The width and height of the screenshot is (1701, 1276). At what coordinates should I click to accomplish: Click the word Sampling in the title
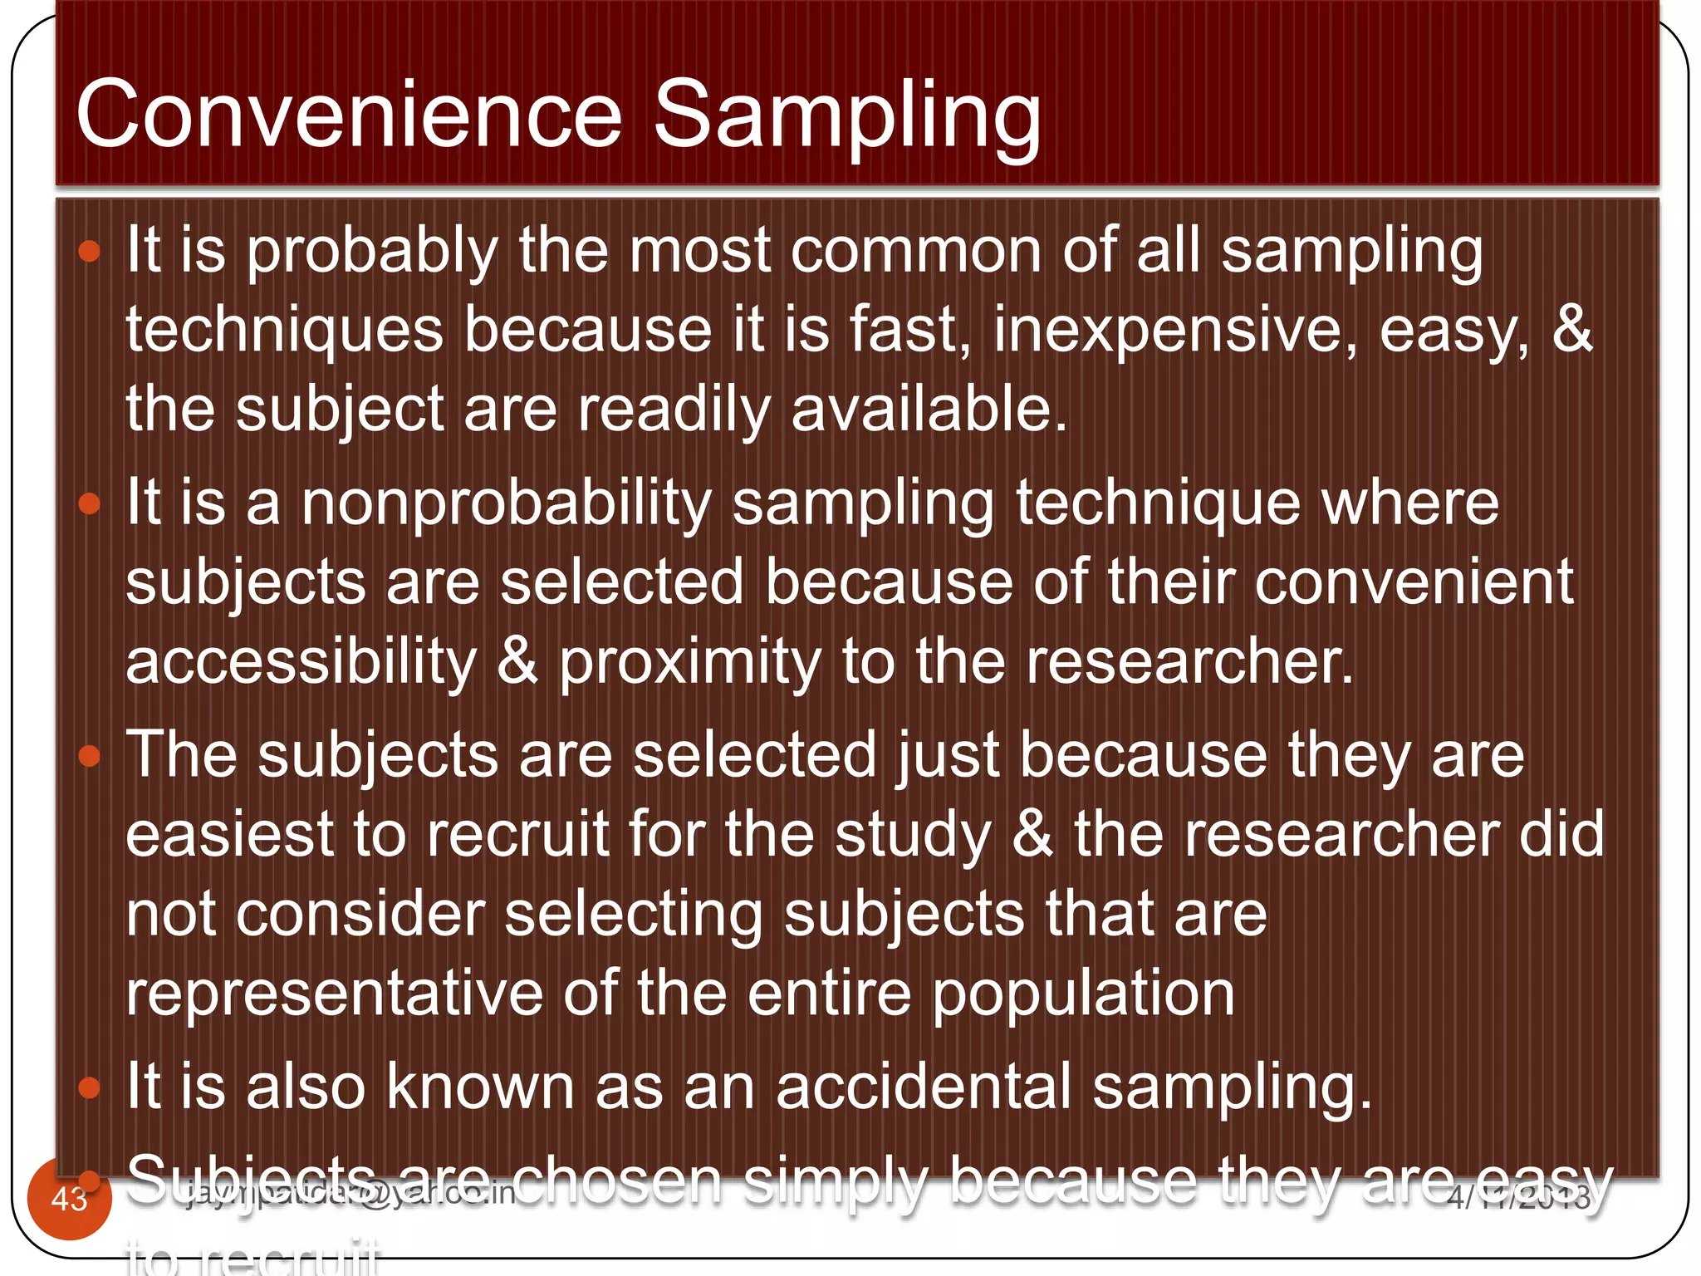pyautogui.click(x=847, y=116)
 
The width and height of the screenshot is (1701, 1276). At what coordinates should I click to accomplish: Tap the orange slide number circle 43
pyautogui.click(x=69, y=1199)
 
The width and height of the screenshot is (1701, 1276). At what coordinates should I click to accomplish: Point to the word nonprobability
pyautogui.click(x=507, y=503)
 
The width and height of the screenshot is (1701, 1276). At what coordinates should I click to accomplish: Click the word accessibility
pyautogui.click(x=301, y=663)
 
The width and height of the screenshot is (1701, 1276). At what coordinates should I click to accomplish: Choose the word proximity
pyautogui.click(x=689, y=663)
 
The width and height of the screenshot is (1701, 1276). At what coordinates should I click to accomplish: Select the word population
pyautogui.click(x=1083, y=994)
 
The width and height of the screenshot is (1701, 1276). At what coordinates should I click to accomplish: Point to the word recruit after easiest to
pyautogui.click(x=518, y=835)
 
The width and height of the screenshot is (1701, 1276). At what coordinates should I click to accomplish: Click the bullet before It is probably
pyautogui.click(x=89, y=252)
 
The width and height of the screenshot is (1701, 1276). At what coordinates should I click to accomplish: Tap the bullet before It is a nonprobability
pyautogui.click(x=89, y=503)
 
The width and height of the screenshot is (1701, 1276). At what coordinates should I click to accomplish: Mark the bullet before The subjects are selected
pyautogui.click(x=89, y=756)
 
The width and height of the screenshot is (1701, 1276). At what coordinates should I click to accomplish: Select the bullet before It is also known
pyautogui.click(x=89, y=1087)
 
